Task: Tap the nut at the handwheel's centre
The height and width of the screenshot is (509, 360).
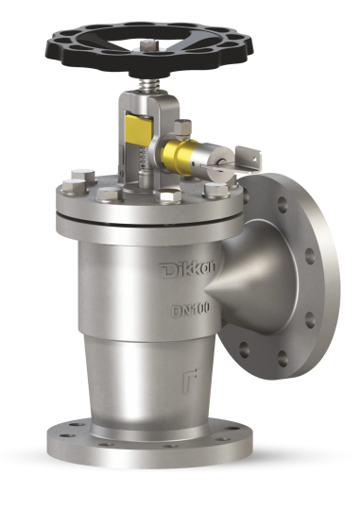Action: tap(150, 45)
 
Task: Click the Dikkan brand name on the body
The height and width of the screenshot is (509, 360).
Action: tap(187, 269)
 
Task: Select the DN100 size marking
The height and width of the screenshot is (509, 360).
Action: tap(191, 310)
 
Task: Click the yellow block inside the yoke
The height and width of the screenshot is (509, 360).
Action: tap(139, 127)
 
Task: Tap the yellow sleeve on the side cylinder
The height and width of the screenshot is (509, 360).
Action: tap(178, 153)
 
